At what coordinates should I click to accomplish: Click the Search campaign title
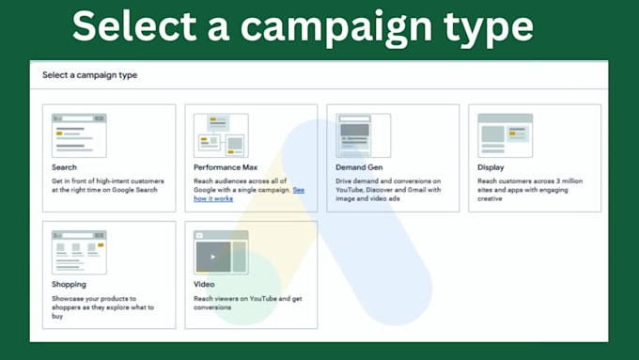click(65, 167)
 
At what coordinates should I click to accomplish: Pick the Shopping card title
click(70, 284)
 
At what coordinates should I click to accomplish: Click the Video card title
click(204, 284)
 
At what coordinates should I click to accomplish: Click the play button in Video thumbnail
click(213, 256)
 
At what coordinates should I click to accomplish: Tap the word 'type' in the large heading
click(486, 26)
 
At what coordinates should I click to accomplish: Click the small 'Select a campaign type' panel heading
click(90, 75)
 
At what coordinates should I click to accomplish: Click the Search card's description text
click(107, 185)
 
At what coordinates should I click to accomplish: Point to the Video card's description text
click(248, 302)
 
